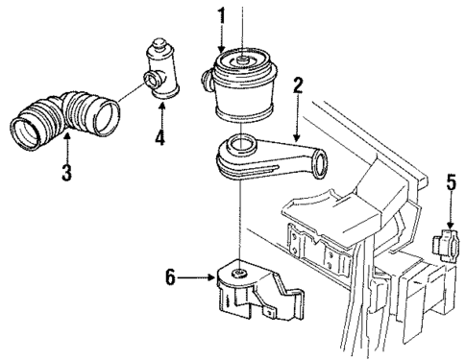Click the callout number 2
click(x=299, y=86)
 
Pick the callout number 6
click(x=172, y=279)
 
